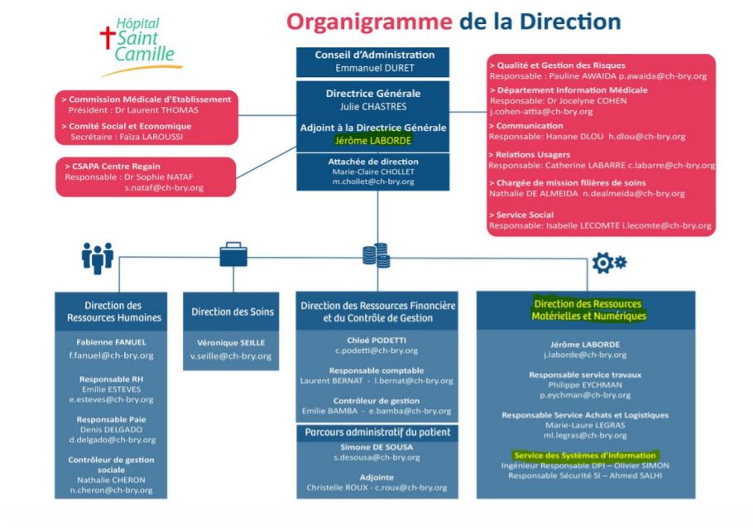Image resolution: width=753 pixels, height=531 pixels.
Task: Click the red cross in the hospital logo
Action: (105, 37)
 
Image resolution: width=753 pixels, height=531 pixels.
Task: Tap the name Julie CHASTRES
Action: (374, 105)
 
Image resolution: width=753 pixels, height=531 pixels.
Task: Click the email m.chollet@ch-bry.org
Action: (373, 181)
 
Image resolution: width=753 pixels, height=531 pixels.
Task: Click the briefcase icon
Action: (233, 254)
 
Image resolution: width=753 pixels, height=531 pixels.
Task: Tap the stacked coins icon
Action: (376, 254)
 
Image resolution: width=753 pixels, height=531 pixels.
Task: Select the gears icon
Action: (610, 263)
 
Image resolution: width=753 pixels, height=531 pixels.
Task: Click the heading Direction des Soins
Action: (231, 312)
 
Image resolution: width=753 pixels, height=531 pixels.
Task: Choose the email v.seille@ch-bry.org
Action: (231, 355)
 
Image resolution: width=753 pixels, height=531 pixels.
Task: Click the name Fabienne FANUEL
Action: (111, 342)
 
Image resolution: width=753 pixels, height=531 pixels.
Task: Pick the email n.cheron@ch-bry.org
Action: (111, 490)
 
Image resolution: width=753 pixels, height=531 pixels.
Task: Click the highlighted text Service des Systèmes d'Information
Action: (584, 455)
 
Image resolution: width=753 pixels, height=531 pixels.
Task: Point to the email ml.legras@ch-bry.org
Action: (584, 435)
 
